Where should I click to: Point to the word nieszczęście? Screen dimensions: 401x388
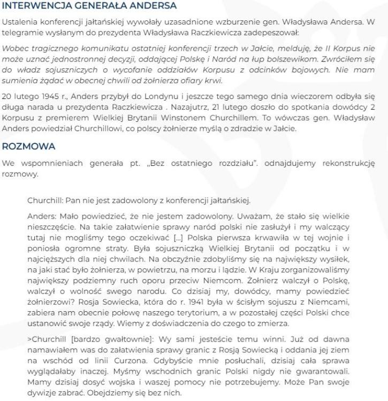click(50, 225)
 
